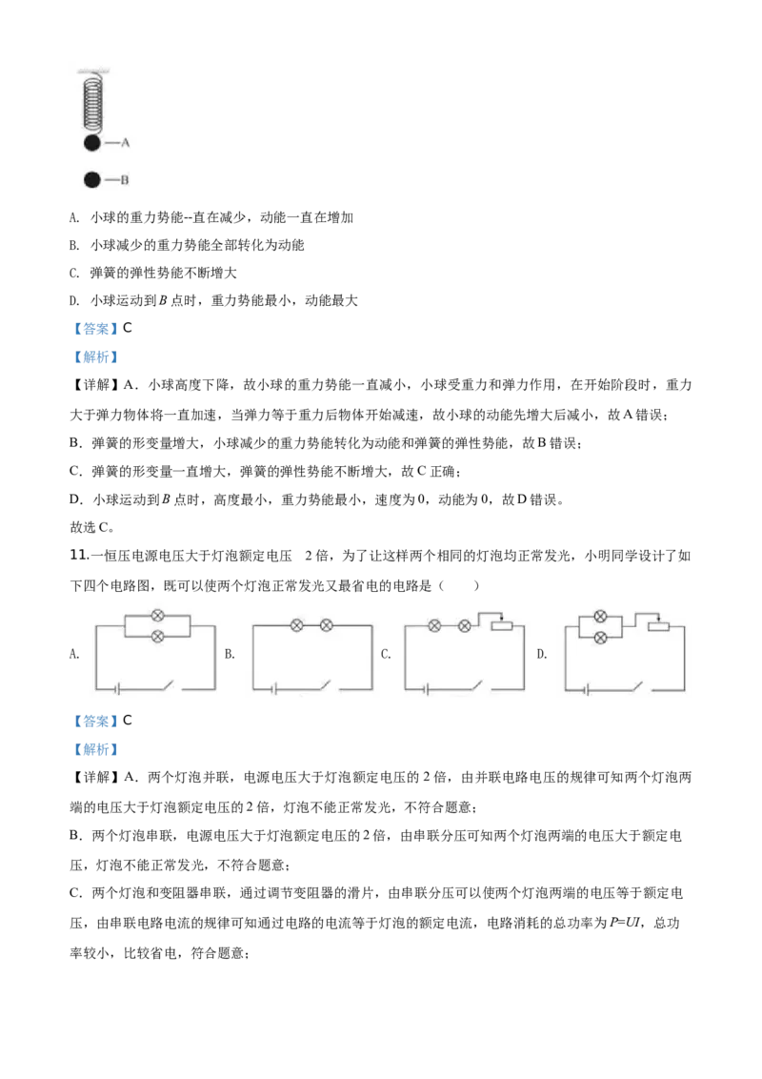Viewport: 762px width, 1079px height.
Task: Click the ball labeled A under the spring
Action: coord(92,143)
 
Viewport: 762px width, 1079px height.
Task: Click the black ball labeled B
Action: coord(92,179)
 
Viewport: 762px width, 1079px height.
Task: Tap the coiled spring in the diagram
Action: coord(92,104)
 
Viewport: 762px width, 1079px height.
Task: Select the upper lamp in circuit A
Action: coord(157,616)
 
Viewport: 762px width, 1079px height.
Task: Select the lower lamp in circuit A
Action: coord(157,637)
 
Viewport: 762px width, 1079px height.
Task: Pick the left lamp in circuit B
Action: coord(297,625)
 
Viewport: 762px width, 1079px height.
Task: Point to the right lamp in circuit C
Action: coord(465,625)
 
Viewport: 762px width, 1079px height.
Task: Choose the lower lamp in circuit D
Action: coord(600,638)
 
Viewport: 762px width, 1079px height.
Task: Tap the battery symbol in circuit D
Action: coord(587,689)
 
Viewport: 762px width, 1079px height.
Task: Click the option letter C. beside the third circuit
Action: coord(386,654)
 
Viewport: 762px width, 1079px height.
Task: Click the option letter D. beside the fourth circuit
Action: coord(542,654)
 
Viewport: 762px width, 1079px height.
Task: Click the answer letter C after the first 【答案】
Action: coord(128,328)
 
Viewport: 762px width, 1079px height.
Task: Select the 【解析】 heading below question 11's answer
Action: coord(95,749)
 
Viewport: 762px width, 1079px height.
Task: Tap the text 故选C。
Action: coord(92,527)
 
